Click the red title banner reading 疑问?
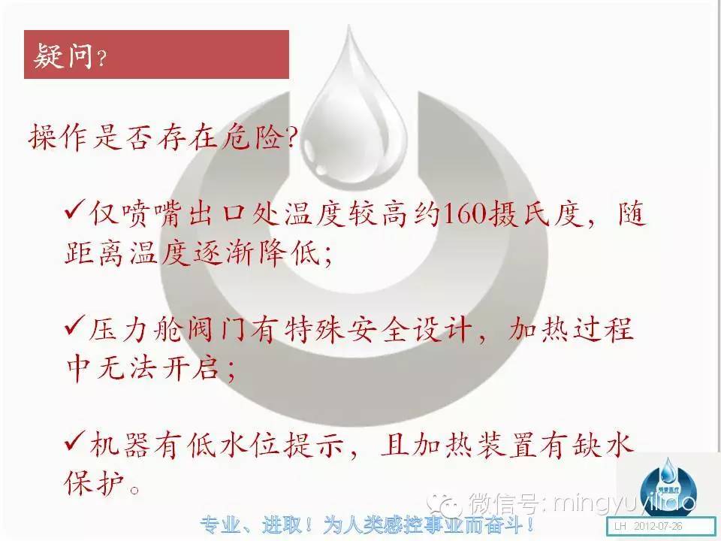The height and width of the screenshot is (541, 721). [156, 54]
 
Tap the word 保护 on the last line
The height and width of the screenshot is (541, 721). [95, 483]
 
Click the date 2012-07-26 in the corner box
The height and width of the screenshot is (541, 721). [658, 526]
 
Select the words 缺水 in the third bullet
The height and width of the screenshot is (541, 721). [602, 445]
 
